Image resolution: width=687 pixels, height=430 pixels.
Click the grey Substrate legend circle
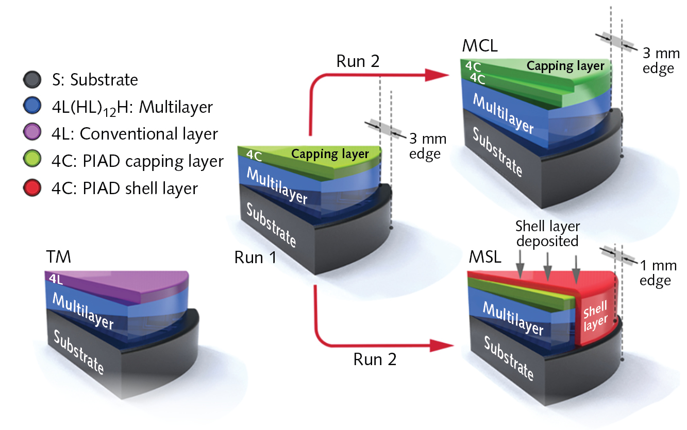(x=32, y=80)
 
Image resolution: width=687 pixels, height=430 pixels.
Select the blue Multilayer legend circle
(x=32, y=107)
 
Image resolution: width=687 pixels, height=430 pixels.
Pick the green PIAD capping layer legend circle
(x=32, y=161)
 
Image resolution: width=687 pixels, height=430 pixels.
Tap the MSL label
(x=484, y=257)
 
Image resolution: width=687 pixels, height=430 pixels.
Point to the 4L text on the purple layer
(x=56, y=279)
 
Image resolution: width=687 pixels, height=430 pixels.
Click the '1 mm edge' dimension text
(x=655, y=273)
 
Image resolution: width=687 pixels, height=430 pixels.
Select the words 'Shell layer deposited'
(x=548, y=233)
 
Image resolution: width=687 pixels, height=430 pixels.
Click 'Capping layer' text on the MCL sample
(x=565, y=66)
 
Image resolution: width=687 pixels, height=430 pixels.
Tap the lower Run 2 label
(x=375, y=359)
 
